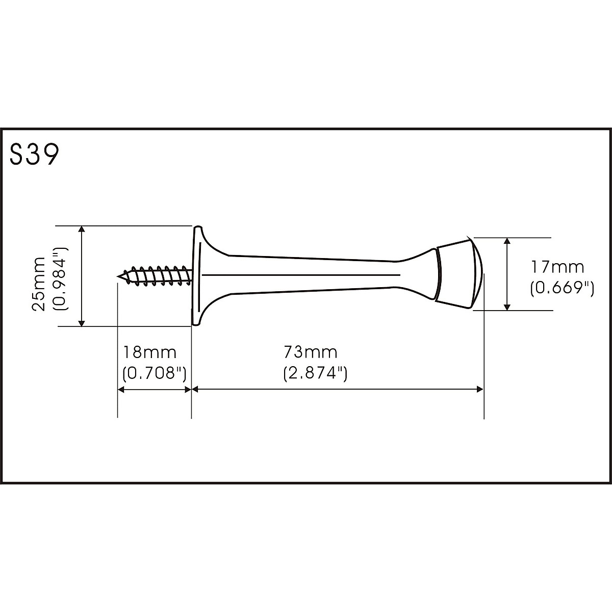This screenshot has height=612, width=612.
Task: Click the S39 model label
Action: (x=34, y=155)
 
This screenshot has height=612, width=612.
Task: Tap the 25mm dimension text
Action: (x=39, y=284)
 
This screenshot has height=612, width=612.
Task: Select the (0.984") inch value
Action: (x=60, y=279)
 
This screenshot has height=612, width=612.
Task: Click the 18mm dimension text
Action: (x=149, y=352)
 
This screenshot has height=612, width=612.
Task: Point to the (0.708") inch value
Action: (x=155, y=373)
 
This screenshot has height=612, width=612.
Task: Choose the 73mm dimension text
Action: (x=310, y=352)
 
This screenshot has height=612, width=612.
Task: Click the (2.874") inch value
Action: (x=315, y=373)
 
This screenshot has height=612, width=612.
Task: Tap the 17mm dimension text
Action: (x=558, y=267)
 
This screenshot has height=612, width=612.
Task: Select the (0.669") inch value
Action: (x=562, y=289)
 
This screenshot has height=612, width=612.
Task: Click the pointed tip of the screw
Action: (x=118, y=276)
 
